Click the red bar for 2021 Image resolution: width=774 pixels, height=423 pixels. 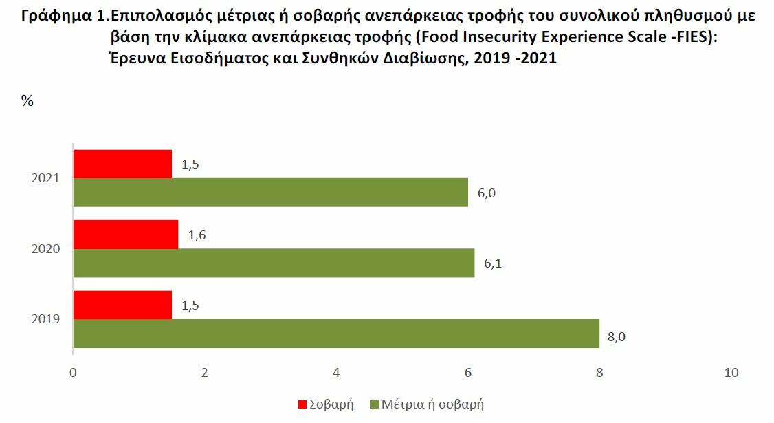tap(122, 164)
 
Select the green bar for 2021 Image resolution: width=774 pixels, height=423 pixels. tap(270, 193)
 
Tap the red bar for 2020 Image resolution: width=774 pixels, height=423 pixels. tap(125, 235)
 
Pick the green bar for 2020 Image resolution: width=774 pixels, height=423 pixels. tap(274, 263)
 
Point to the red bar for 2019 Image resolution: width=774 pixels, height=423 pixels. tap(122, 305)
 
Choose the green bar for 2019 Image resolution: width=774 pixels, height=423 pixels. tap(336, 334)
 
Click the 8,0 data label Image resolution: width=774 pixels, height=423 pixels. tap(617, 338)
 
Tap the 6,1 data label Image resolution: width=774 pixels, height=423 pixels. tap(493, 263)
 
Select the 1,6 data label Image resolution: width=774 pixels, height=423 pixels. tap(197, 235)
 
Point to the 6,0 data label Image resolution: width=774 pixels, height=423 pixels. tap(486, 193)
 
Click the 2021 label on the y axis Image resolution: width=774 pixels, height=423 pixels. tap(46, 178)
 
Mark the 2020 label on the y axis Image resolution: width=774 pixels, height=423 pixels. tap(46, 249)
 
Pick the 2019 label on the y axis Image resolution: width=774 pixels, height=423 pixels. tap(46, 319)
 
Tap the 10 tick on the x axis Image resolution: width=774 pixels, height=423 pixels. tap(731, 372)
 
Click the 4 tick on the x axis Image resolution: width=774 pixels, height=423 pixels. tap(336, 372)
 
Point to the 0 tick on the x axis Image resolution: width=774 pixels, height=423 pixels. tap(73, 372)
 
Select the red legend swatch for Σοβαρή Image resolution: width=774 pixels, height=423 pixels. tap(302, 404)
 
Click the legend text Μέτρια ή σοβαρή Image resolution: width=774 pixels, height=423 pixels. tap(434, 404)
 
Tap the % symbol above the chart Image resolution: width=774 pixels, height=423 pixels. tap(27, 101)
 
